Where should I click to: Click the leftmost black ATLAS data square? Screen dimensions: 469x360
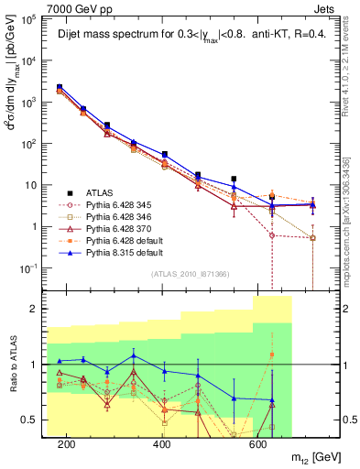tap(60, 87)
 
